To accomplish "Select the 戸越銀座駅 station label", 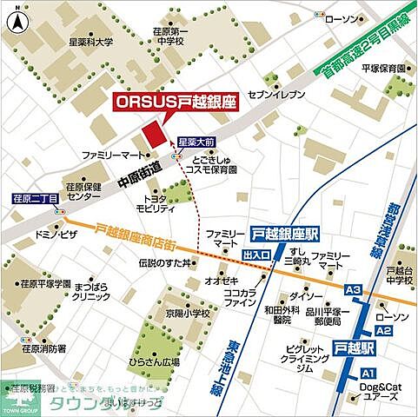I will point(284,234).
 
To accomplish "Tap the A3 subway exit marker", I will point(352,289).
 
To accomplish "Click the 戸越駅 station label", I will point(355,347).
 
